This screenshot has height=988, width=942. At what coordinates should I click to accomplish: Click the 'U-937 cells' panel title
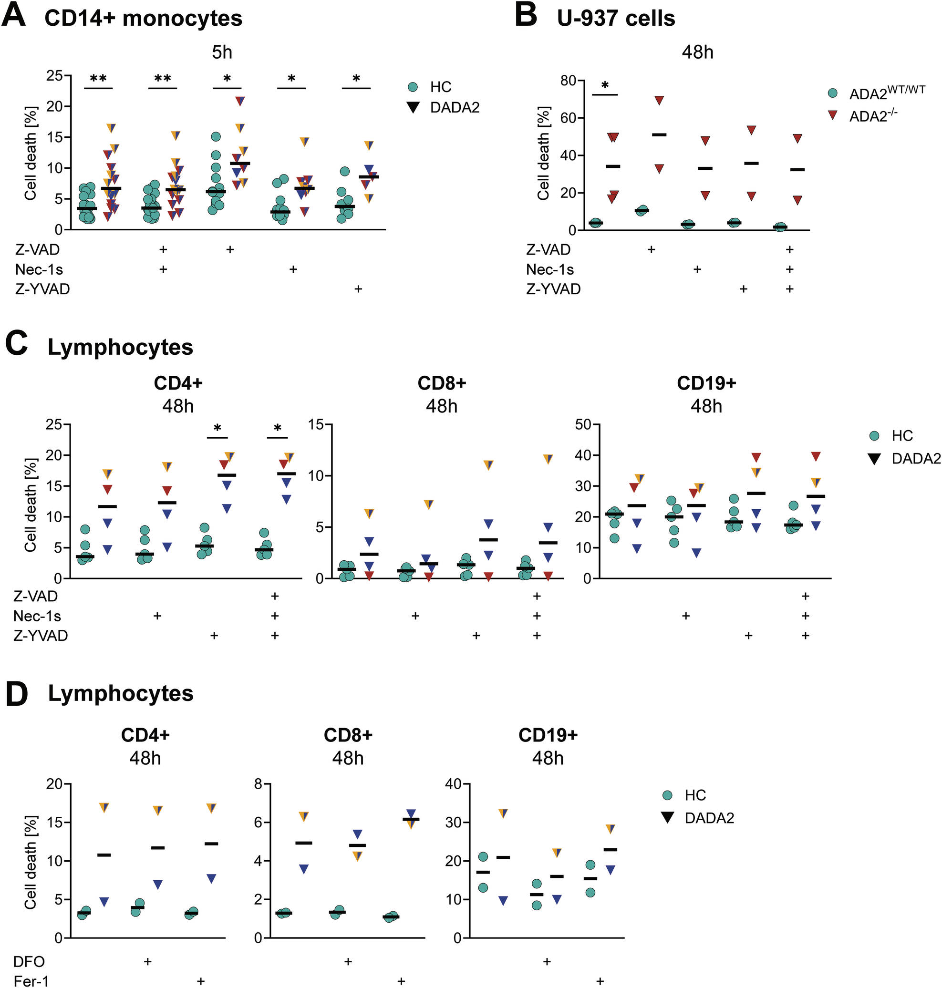coord(616,19)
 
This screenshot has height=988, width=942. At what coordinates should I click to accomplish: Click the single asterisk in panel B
coord(605,86)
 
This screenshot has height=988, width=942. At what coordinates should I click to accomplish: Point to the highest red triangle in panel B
coord(659,101)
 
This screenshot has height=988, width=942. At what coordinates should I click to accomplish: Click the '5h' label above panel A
coord(222,52)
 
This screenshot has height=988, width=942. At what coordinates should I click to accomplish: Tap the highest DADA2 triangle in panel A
coord(240,101)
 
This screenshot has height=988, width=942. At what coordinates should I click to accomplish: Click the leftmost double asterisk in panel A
coord(98,79)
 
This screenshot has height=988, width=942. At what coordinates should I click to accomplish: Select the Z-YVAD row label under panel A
coord(42,289)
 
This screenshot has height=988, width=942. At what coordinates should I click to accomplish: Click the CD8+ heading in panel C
coord(442,383)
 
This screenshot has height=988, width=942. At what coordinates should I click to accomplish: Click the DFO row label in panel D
coord(29,961)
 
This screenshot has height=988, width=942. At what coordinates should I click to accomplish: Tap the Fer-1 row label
coord(31,981)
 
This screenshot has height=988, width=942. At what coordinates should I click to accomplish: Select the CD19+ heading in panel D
coord(548,735)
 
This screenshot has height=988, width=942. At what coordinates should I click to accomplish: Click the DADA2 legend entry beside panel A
coord(455,107)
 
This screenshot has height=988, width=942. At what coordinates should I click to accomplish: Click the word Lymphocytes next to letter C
coord(121,348)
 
